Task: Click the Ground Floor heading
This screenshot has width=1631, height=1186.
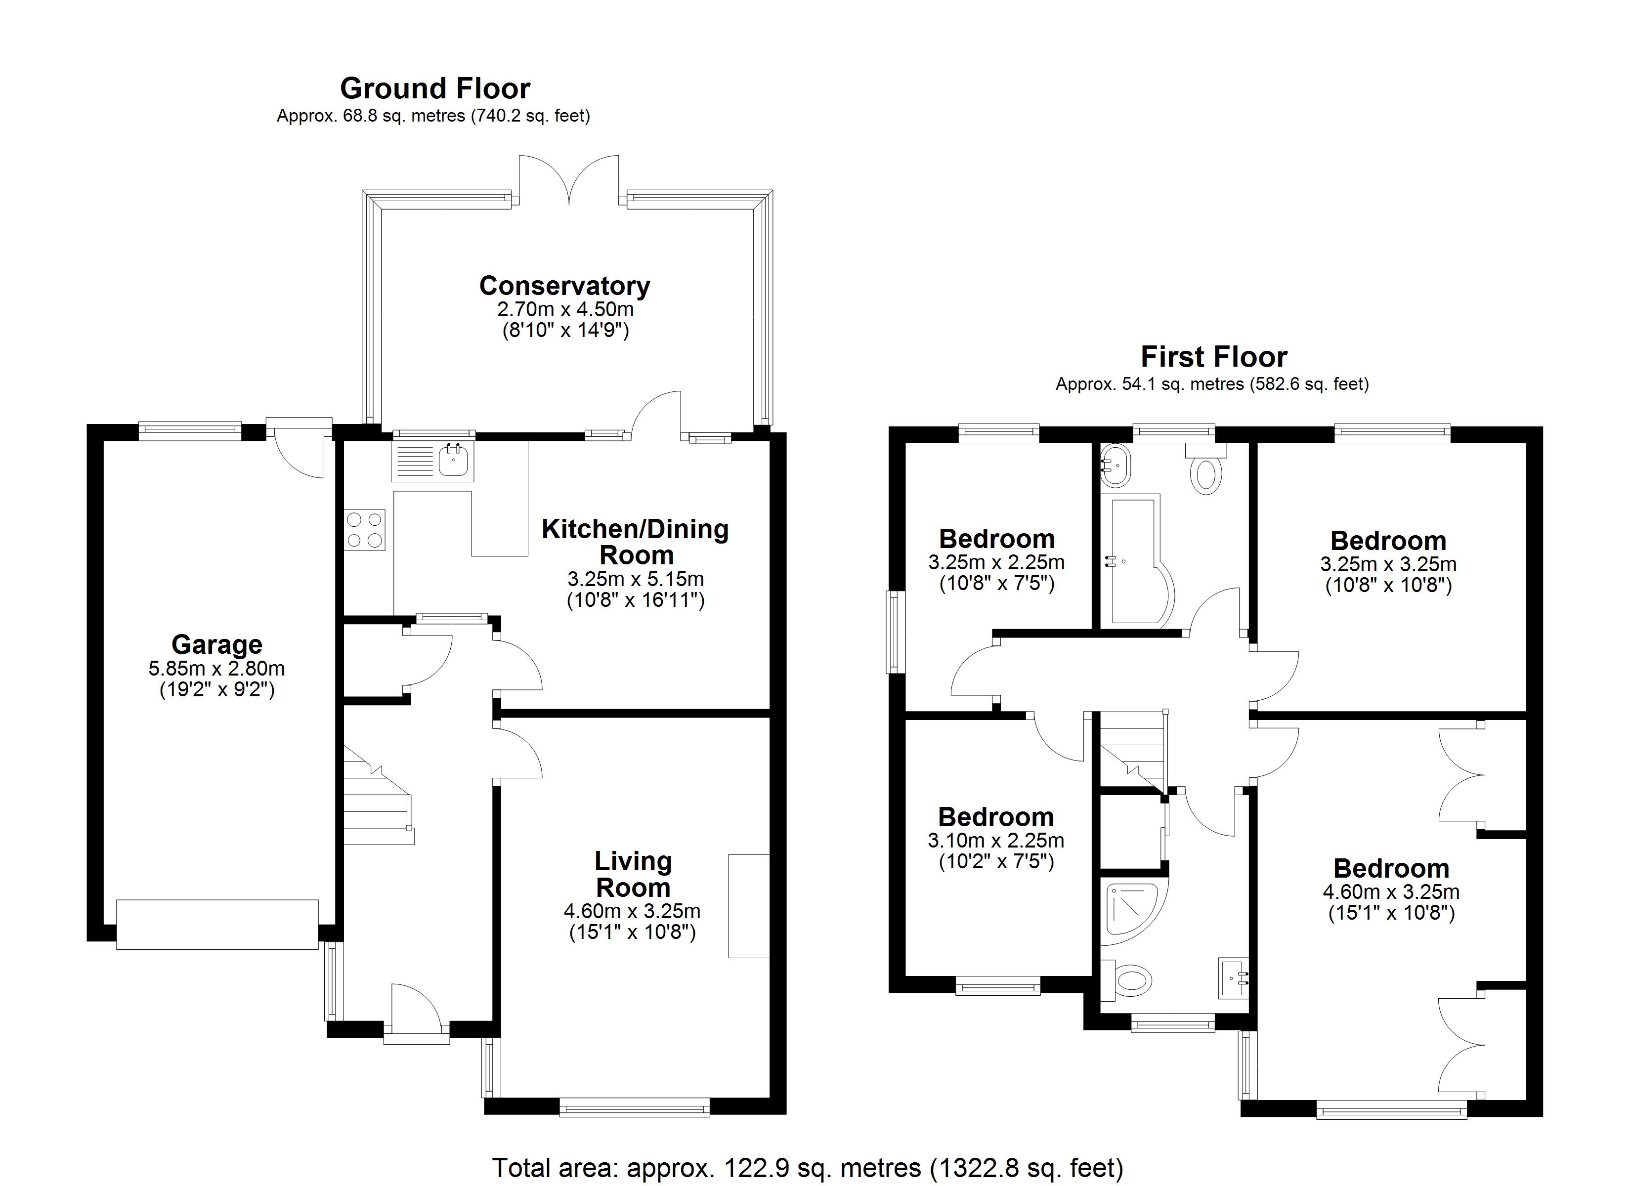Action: coord(435,88)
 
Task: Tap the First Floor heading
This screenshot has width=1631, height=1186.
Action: coord(1214,357)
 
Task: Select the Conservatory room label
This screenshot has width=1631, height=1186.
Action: coord(564,286)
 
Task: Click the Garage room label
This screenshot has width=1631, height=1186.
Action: coord(216,644)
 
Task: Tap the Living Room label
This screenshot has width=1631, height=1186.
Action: coord(633,874)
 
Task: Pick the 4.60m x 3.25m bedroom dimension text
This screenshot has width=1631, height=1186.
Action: coord(1391,892)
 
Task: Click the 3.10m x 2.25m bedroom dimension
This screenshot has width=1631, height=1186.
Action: coord(996,840)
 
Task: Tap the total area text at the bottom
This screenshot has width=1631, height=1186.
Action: coord(807,1167)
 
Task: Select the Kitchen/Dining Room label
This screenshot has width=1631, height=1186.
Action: coord(635,542)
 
